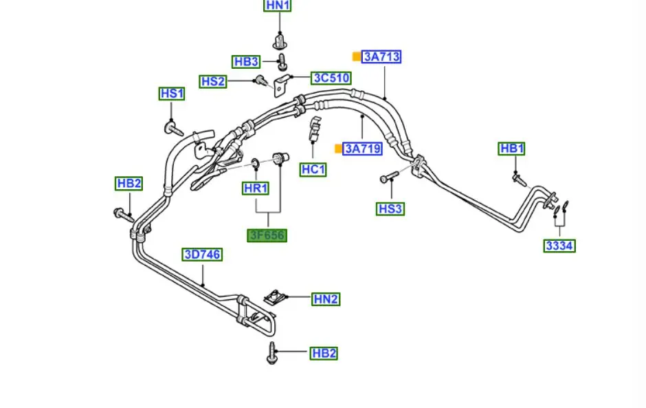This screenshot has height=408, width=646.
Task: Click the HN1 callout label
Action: coord(278,6)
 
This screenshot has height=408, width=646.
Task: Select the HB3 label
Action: coord(245,62)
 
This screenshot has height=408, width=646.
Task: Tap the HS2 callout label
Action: coord(213,81)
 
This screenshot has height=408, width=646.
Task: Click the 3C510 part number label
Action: coord(331,78)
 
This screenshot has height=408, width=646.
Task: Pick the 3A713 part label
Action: coord(381,56)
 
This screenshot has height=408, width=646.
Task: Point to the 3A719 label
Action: coord(363,148)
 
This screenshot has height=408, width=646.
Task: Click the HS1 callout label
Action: coord(172,94)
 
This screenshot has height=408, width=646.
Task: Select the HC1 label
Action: coord(313,169)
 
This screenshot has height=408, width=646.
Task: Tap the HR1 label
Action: coord(255,188)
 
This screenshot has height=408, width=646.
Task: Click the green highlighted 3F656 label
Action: coord(267,235)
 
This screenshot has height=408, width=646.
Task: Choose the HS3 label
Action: coord(390,208)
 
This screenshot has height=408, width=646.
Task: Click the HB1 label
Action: coord(512,149)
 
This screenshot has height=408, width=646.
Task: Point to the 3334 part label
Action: coord(559,246)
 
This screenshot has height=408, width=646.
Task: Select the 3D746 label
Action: coord(202,255)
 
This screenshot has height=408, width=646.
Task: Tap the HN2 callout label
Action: coord(326,299)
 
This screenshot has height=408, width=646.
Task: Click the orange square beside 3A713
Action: coord(356,56)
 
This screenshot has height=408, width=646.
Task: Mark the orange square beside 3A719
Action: coord(337,148)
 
